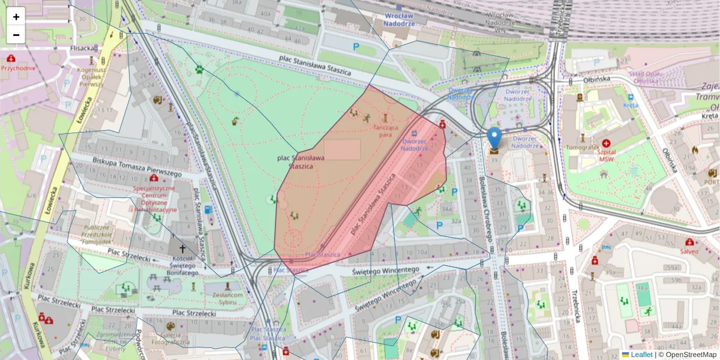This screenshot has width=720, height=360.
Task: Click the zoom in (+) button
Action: [x=16, y=17]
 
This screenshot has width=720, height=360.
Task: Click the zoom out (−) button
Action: [x=16, y=35]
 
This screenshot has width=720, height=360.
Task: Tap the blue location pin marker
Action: [x=494, y=139]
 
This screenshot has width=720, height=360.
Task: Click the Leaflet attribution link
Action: [x=641, y=355]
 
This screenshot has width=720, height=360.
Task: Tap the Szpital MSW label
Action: [x=611, y=152]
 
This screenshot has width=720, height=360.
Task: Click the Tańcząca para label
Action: [x=385, y=131]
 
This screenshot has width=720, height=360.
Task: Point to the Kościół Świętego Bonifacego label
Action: [x=182, y=265]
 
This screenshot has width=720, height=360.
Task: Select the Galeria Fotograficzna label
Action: [x=175, y=338]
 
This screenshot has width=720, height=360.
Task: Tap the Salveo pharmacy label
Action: [x=689, y=251]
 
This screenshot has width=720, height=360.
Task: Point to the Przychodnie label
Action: [x=18, y=68]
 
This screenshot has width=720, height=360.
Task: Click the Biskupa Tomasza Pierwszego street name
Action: [x=137, y=167]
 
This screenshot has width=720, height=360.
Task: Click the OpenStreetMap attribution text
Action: [x=691, y=355]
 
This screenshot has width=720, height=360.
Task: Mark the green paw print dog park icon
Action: [x=199, y=68]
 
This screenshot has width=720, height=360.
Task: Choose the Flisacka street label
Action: [x=83, y=48]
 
